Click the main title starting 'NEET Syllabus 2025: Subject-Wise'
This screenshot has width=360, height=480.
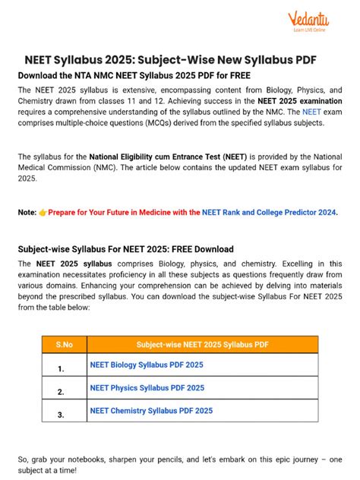(x=179, y=60)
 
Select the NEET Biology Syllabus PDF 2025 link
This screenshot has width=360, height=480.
(x=147, y=365)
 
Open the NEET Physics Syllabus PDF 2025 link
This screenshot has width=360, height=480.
(x=147, y=388)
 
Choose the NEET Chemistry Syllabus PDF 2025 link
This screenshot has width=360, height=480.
(x=151, y=411)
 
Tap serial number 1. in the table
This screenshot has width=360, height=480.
(x=60, y=368)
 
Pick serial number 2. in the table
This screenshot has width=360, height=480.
(x=60, y=392)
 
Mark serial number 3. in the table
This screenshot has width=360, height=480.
(x=60, y=415)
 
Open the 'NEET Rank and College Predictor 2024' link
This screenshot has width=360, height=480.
(x=270, y=213)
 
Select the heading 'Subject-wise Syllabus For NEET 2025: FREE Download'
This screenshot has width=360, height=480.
(x=125, y=249)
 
